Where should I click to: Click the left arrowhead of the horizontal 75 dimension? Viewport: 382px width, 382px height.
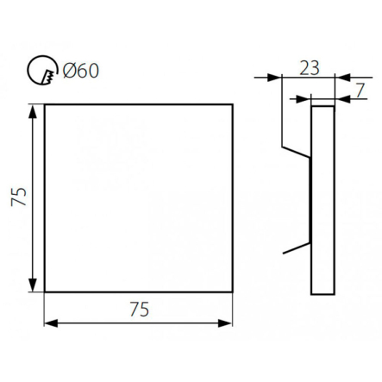(x=49, y=324)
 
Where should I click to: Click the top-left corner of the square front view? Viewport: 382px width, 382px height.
(x=44, y=104)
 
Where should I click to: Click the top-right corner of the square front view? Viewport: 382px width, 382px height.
(x=234, y=104)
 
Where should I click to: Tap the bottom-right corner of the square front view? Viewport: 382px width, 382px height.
(x=234, y=293)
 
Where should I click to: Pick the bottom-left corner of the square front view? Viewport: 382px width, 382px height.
(x=44, y=293)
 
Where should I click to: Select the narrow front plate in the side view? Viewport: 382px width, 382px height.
(x=322, y=198)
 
